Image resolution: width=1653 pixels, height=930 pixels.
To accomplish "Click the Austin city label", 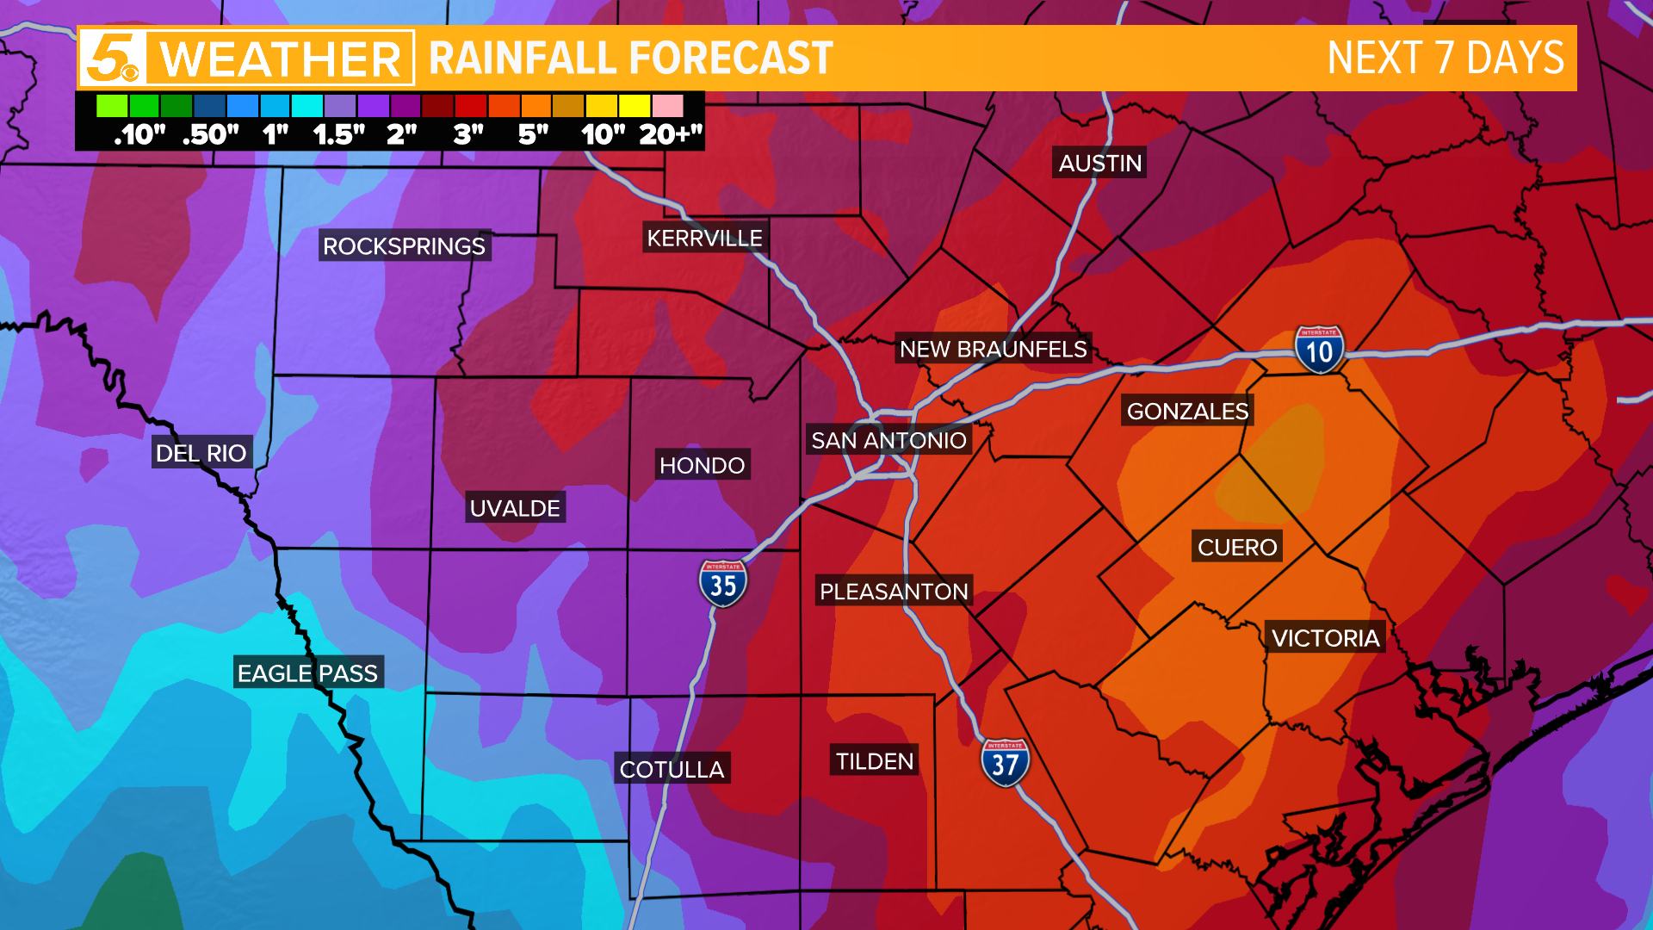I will (x=1099, y=163).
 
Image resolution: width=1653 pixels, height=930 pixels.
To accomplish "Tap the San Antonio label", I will (x=888, y=440).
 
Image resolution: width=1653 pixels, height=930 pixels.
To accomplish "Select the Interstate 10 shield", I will (x=1319, y=350).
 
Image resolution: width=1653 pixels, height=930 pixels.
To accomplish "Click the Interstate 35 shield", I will (x=722, y=584).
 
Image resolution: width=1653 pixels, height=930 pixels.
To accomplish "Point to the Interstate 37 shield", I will (x=1005, y=763).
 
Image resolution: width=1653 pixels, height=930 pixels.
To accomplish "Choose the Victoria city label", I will (x=1325, y=637).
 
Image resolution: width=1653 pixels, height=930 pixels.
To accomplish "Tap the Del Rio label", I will (x=201, y=452).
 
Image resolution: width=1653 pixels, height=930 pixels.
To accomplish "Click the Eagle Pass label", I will (x=307, y=673).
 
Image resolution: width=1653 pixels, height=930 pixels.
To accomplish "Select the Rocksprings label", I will (x=404, y=245).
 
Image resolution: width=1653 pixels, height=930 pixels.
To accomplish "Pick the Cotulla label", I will (x=672, y=769).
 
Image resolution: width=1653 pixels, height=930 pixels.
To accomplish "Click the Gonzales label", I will (x=1187, y=411).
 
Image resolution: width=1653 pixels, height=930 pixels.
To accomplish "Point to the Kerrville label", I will (x=704, y=238).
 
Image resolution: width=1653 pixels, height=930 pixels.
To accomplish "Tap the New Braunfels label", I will (x=993, y=349).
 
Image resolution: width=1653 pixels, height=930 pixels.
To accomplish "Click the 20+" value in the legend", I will (x=671, y=134).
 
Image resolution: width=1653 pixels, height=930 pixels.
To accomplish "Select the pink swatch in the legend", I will (x=667, y=106).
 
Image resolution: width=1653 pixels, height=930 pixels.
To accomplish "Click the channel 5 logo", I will (x=113, y=59).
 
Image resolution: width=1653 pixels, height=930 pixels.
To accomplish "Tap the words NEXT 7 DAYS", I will (x=1446, y=59).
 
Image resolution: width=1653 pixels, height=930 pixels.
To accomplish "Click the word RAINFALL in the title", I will (x=525, y=59).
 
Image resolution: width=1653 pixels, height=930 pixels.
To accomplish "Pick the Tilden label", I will (x=874, y=761).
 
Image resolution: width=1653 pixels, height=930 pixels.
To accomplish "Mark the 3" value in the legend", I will (x=468, y=134).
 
